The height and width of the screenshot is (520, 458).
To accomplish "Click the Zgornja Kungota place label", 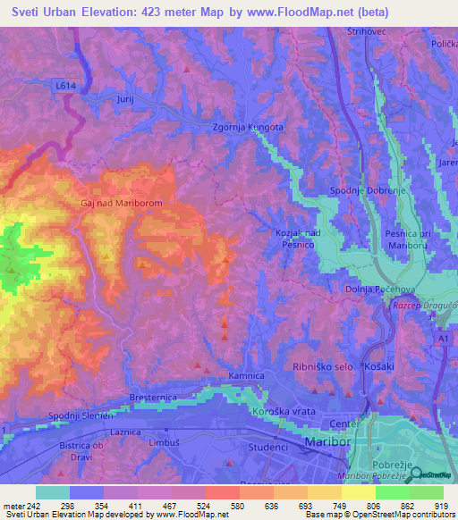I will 248,128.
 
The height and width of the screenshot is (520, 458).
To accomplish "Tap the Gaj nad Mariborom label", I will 121,203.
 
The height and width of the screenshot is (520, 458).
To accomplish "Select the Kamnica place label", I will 247,376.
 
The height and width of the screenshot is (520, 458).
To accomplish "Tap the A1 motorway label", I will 445,340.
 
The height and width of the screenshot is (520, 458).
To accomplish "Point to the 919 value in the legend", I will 440,506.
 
